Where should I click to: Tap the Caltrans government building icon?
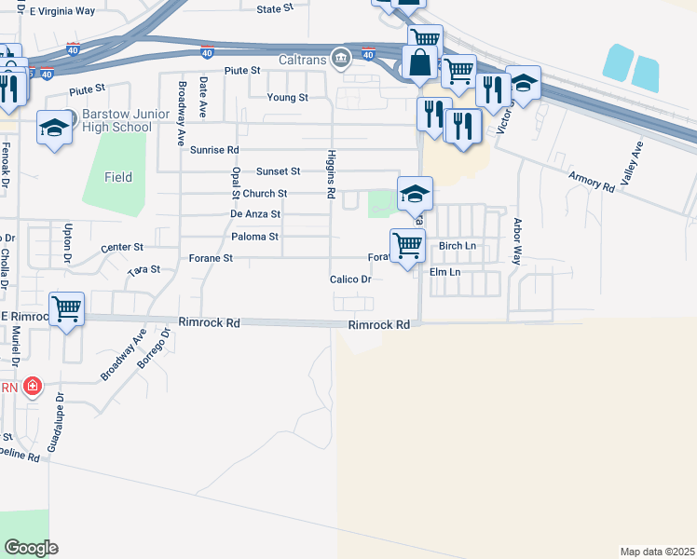pos(342,59)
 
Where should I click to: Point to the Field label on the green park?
pos(118,177)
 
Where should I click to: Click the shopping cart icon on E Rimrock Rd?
pos(66,309)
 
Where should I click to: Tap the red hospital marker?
pos(33,386)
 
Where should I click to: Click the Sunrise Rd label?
pos(214,149)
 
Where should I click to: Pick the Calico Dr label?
pos(351,279)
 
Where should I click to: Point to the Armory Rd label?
pos(592,181)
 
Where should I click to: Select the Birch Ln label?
pos(457,246)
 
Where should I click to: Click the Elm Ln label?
pos(445,272)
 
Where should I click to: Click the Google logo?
pos(31,548)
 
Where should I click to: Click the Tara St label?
pos(144,269)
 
